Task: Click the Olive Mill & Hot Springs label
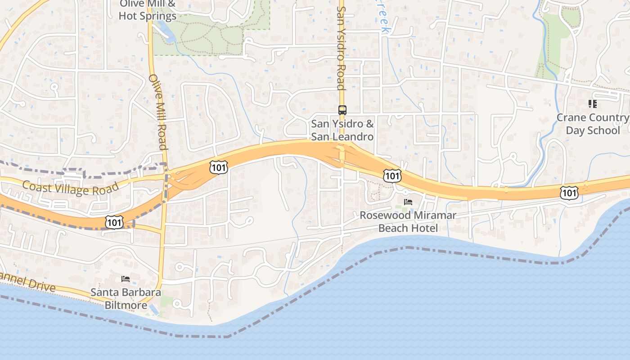(x=148, y=10)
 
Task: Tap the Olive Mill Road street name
(x=158, y=112)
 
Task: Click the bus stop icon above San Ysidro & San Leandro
(x=342, y=110)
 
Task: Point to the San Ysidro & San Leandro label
(x=342, y=130)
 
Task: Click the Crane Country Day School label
(x=593, y=124)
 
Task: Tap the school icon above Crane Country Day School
(x=593, y=104)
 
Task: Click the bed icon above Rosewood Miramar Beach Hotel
(x=408, y=202)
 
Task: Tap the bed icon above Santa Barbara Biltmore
(x=126, y=279)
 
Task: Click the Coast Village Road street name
(x=70, y=188)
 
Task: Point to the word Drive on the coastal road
(x=41, y=284)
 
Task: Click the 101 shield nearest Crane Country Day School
(x=569, y=193)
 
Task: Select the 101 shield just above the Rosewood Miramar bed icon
(x=392, y=175)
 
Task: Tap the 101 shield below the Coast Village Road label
(x=114, y=222)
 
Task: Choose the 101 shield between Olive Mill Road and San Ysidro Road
(x=219, y=167)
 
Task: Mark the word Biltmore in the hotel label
(x=126, y=306)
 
